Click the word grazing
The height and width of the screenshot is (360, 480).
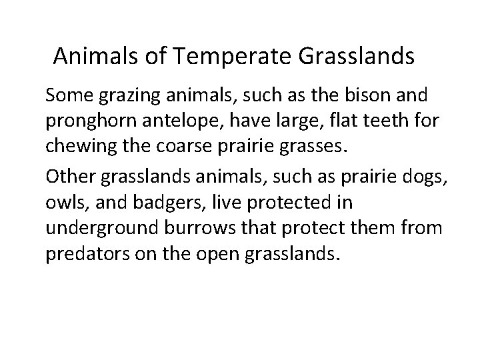point(133,95)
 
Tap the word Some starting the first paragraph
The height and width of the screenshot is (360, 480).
point(69,95)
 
